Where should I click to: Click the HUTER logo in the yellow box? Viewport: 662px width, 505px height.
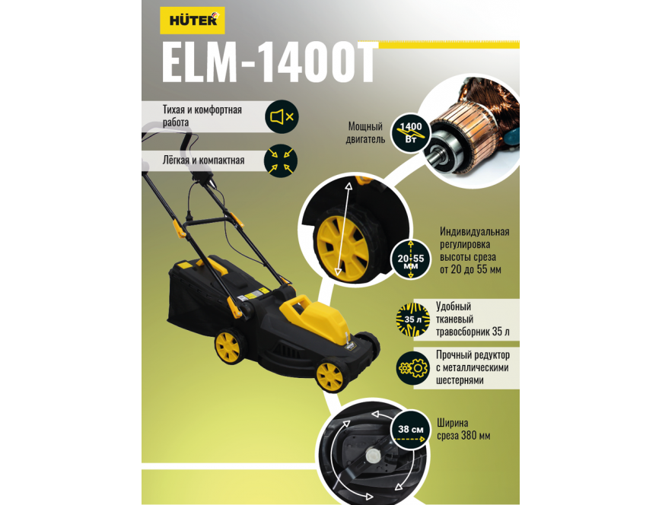192,21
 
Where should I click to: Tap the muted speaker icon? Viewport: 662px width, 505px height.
282,117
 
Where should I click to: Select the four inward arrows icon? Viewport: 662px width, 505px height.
281,161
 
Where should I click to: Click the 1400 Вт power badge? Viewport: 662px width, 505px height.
410,132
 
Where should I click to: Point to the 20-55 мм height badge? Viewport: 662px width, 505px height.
411,259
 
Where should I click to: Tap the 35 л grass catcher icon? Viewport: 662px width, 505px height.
412,319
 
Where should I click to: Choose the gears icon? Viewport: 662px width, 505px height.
413,368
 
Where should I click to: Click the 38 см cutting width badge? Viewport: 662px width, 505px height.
411,430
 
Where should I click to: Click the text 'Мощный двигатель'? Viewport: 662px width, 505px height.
365,132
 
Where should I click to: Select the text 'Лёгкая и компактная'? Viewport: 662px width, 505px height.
203,160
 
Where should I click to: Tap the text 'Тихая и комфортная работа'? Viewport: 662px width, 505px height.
202,116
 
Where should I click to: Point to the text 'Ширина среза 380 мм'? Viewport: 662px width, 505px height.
463,429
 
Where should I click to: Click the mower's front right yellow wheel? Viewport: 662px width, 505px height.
329,376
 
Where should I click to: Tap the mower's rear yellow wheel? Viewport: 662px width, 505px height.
228,347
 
